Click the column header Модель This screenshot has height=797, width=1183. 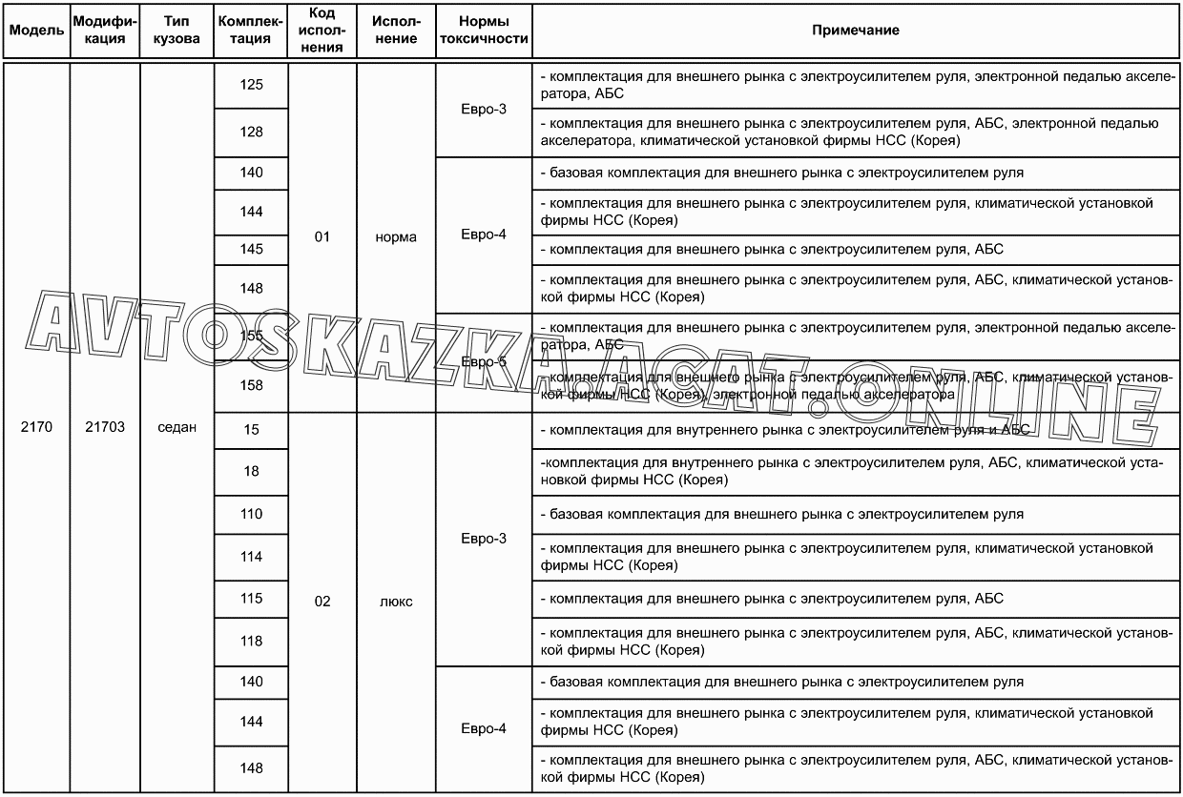(36, 31)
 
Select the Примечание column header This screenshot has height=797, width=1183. (855, 31)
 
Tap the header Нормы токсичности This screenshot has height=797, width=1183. (483, 31)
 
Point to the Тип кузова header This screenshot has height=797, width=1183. (176, 31)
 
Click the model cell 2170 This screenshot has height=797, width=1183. (36, 428)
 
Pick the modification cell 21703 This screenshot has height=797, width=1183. (105, 428)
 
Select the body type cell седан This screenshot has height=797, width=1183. (176, 428)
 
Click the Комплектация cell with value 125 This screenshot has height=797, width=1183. (252, 86)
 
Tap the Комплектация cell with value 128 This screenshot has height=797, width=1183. (252, 133)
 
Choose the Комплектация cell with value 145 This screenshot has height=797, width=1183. (252, 250)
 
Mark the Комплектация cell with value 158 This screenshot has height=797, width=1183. (252, 386)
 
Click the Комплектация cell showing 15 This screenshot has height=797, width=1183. (252, 430)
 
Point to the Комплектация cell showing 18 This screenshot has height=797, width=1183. (252, 472)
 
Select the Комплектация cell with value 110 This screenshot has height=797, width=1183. (252, 515)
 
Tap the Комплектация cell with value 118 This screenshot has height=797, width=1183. (252, 642)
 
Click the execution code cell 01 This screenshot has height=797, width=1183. (322, 237)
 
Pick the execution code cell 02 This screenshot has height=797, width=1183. (322, 603)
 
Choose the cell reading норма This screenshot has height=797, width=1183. (396, 237)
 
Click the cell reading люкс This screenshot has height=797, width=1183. (396, 603)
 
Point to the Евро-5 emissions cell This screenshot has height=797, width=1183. (483, 362)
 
